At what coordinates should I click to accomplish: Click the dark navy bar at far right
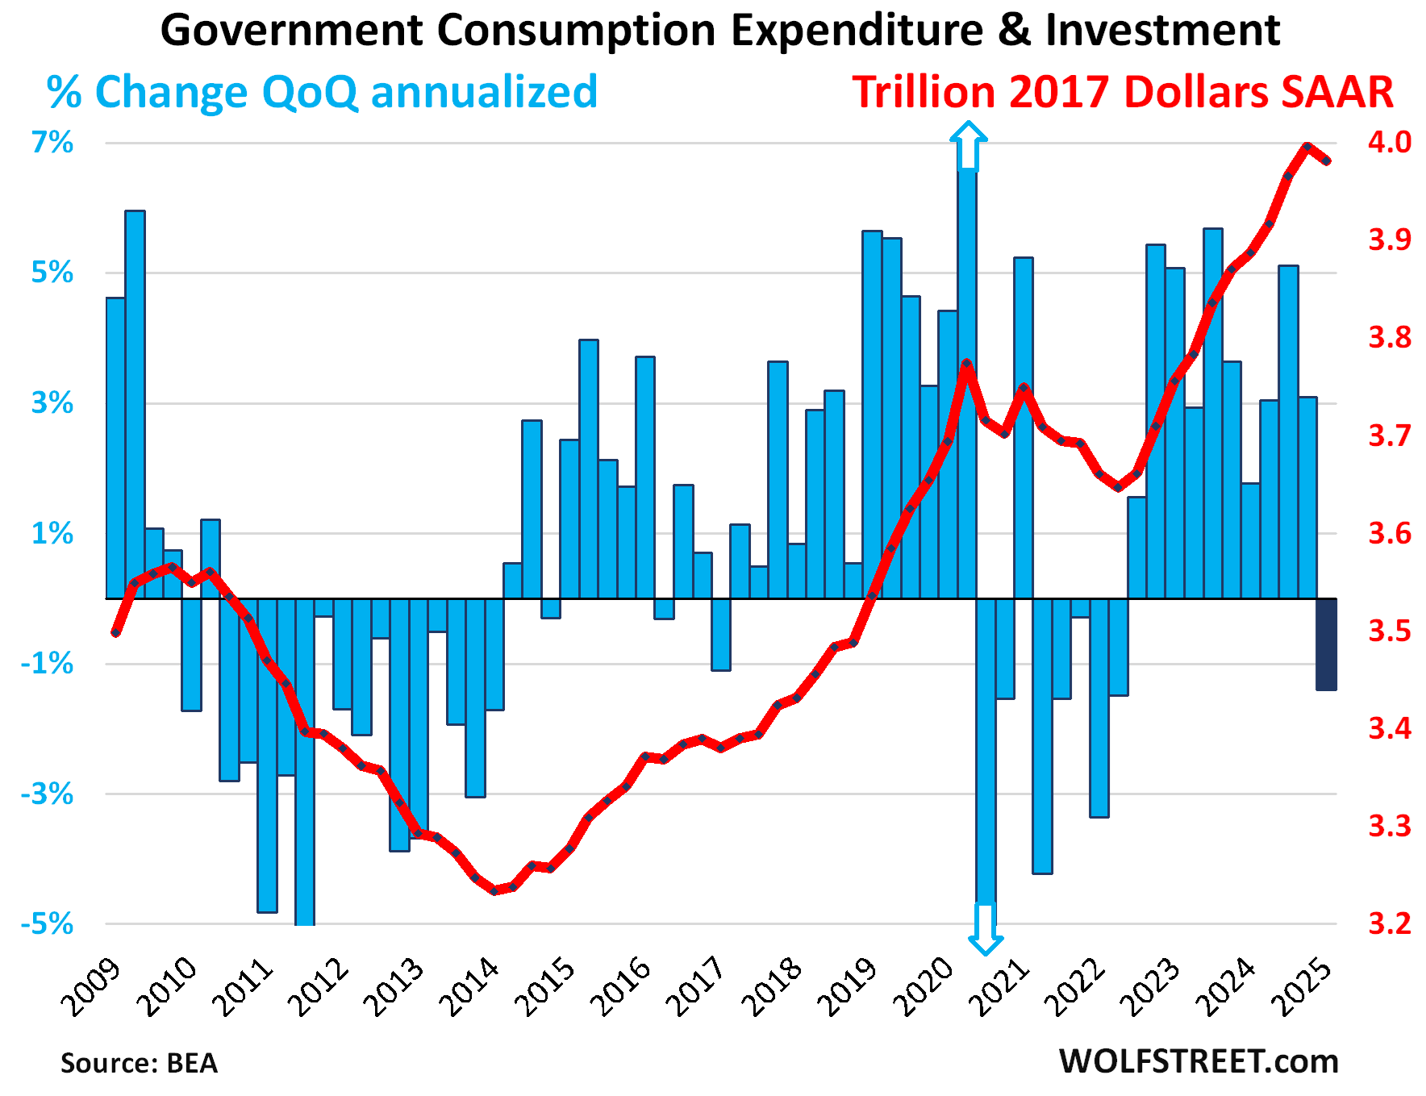coord(1327,644)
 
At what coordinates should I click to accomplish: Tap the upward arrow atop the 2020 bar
coord(968,145)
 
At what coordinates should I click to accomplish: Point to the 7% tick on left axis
coord(52,144)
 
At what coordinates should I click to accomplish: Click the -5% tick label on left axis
coord(47,924)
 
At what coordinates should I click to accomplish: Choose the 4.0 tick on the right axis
coord(1390,143)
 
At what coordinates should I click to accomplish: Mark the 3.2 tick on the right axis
coord(1390,923)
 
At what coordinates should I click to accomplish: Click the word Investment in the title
coord(1162,31)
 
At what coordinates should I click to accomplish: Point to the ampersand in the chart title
coord(1014,31)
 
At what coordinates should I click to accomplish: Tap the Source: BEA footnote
coord(139,1063)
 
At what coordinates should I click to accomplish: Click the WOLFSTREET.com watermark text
coord(1199,1061)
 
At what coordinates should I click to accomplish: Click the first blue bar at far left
coord(115,448)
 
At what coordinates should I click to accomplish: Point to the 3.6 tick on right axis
coord(1390,533)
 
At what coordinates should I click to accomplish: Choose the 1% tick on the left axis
coord(52,533)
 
